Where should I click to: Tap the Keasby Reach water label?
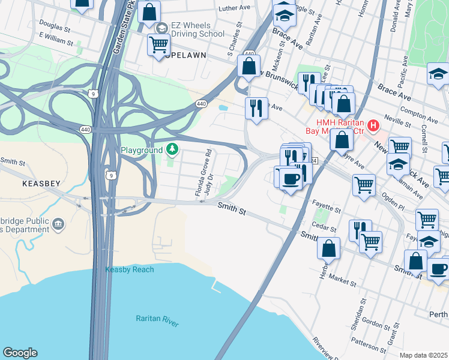129,269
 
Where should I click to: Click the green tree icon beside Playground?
172,148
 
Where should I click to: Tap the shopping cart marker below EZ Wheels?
158,44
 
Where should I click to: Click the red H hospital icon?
373,125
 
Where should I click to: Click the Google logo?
20,353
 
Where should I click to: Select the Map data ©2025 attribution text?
423,355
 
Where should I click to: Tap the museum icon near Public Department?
58,224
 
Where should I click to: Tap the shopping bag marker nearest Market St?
328,248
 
